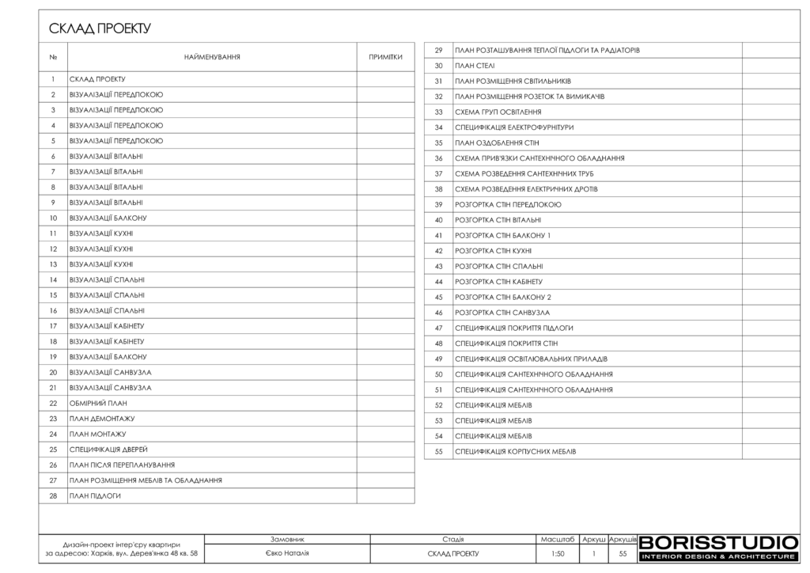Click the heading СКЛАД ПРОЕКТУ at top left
100,29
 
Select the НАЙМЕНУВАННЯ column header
212,57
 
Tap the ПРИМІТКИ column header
385,57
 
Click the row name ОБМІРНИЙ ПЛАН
98,404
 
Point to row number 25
53,450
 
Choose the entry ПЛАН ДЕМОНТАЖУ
102,419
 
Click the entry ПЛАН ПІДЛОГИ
95,496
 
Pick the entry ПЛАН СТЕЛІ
475,66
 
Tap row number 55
438,452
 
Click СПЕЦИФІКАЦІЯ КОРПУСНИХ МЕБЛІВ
515,452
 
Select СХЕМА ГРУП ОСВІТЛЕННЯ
498,112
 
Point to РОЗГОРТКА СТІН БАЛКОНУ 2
502,297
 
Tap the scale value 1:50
558,554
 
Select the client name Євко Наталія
287,553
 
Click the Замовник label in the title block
287,539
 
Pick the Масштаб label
558,539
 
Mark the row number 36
438,158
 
